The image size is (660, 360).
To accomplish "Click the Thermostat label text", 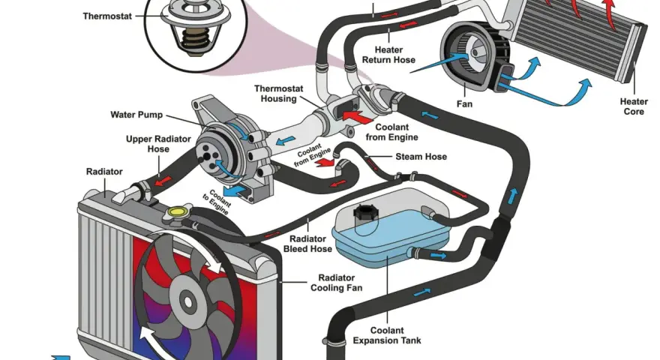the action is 107,16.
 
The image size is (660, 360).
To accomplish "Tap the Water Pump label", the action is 136,115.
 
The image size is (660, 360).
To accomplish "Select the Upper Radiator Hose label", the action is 158,144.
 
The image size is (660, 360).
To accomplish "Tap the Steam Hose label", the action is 421,157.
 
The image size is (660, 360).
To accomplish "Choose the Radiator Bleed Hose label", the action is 307,244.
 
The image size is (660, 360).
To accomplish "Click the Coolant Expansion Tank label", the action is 387,335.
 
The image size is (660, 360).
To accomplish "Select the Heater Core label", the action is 634,106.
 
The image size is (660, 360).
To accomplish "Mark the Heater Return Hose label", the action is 388,55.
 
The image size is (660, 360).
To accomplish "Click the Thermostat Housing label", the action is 278,94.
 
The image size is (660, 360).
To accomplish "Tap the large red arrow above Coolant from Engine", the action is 358,117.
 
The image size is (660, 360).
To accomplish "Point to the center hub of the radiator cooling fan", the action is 187,301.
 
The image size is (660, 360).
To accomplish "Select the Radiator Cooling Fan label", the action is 336,283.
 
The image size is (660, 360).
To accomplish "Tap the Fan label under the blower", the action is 464,104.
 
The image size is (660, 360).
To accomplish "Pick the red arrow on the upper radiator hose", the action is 163,181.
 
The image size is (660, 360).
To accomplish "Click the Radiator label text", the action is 104,172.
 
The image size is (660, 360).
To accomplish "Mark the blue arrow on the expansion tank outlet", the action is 438,256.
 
